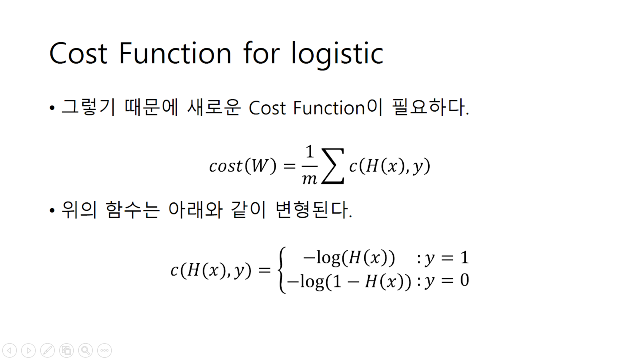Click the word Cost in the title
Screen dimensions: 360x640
(x=78, y=54)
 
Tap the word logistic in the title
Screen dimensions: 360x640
(x=337, y=54)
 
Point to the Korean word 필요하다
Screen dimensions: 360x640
(x=430, y=107)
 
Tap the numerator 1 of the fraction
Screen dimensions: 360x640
(x=309, y=152)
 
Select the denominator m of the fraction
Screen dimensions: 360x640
(x=309, y=179)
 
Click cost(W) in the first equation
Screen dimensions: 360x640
(x=243, y=166)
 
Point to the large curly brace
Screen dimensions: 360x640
(x=282, y=270)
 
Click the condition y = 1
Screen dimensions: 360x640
(x=446, y=258)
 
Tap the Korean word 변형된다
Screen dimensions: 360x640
(x=313, y=210)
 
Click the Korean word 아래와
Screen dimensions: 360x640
(x=195, y=210)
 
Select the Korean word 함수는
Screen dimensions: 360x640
(x=132, y=210)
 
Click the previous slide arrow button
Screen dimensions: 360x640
(x=9, y=350)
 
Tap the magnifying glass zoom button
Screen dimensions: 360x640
(x=85, y=350)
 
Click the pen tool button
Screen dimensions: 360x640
(x=47, y=350)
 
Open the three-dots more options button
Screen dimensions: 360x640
(x=104, y=350)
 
